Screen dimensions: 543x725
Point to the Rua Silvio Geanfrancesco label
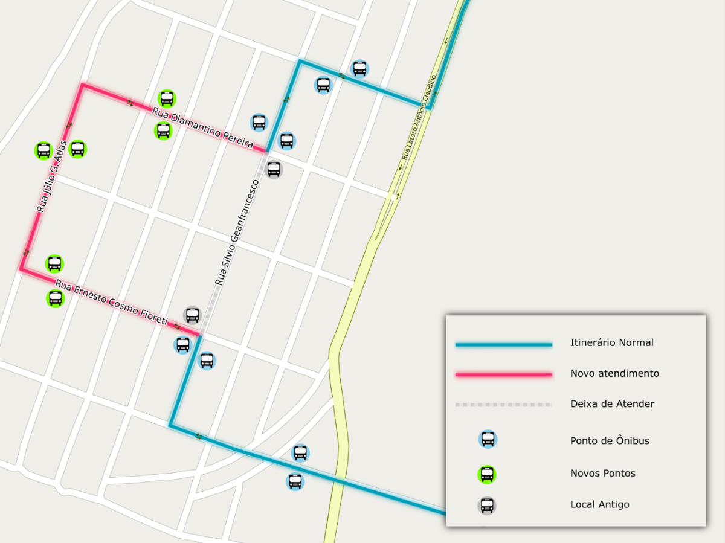(237, 232)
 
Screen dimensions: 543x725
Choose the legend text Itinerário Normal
(611, 342)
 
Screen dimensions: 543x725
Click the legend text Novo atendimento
(614, 373)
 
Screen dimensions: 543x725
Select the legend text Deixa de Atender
(612, 403)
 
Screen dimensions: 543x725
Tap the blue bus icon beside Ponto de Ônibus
(488, 439)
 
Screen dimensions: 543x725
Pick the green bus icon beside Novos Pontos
(488, 474)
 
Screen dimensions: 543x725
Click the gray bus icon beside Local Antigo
(488, 506)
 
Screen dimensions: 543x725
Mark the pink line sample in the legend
(503, 374)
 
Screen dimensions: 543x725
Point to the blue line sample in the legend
(503, 345)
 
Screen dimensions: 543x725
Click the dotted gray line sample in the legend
(503, 404)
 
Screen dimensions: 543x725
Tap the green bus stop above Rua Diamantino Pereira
(167, 98)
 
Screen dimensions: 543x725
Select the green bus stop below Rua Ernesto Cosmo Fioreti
(55, 298)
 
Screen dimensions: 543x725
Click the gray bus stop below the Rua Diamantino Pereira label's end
(274, 169)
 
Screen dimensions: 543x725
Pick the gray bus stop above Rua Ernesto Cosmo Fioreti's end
(192, 315)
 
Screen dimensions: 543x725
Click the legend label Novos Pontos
(602, 473)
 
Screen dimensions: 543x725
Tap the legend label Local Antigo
(599, 504)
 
